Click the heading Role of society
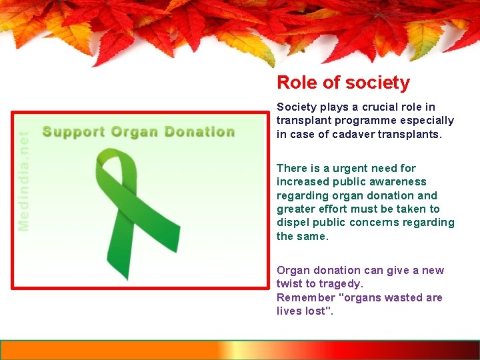[x=343, y=83]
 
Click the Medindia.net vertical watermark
[x=24, y=181]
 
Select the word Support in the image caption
[x=73, y=132]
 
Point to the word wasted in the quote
[x=387, y=297]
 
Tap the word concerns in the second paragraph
[x=381, y=223]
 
